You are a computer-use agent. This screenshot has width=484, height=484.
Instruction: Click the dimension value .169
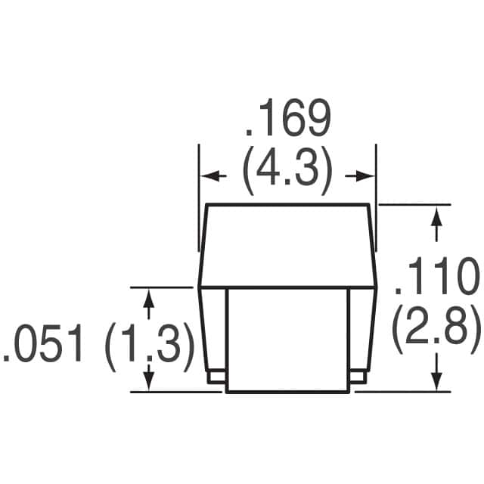[287, 121]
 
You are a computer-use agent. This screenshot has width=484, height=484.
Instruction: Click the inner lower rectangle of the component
[288, 340]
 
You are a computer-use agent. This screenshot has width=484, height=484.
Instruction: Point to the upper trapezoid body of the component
[288, 246]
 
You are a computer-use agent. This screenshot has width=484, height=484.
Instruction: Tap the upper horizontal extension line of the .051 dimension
[163, 287]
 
